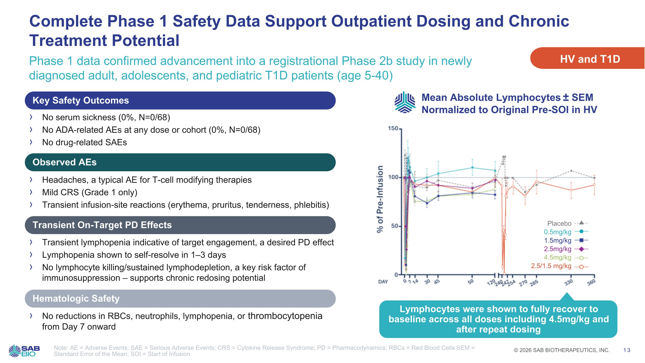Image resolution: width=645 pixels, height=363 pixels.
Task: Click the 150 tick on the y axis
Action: (393, 128)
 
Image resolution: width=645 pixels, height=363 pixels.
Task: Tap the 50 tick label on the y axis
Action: (394, 226)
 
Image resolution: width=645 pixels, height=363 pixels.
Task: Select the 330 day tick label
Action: (569, 283)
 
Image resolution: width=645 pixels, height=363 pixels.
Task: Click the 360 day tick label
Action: (591, 283)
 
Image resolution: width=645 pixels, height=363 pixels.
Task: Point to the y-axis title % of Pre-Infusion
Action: (380, 199)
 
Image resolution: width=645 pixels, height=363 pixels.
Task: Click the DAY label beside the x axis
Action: (383, 282)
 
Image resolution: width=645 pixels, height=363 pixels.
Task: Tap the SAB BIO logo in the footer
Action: (24, 351)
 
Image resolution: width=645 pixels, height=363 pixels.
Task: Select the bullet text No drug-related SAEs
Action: (84, 142)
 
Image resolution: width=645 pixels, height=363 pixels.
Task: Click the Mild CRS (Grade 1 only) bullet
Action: (90, 192)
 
